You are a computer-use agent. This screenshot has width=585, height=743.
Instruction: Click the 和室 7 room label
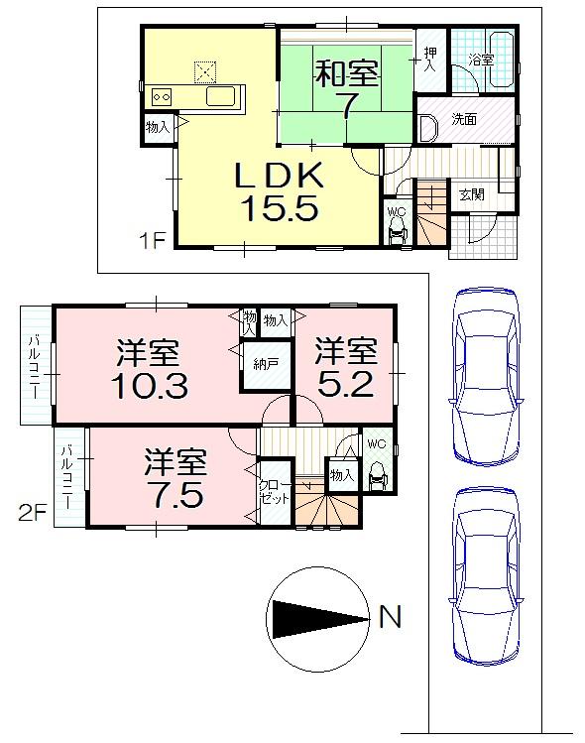(345, 87)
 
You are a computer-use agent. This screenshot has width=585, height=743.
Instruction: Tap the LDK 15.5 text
(277, 191)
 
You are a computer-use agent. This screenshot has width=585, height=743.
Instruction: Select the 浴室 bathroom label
(481, 60)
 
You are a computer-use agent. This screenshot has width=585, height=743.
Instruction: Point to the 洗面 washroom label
(464, 119)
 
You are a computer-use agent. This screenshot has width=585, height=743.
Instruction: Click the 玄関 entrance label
(471, 195)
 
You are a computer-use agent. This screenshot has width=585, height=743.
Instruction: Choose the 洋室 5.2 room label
(346, 367)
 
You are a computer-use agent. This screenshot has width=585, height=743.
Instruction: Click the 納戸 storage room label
(265, 364)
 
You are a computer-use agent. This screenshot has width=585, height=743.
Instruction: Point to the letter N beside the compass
(391, 618)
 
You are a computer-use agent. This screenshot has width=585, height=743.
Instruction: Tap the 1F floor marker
(152, 239)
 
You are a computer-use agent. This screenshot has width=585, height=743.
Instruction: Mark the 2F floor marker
(33, 514)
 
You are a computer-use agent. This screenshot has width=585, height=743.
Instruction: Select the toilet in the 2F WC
(377, 479)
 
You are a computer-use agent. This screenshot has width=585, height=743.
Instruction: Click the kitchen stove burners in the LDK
(162, 97)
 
